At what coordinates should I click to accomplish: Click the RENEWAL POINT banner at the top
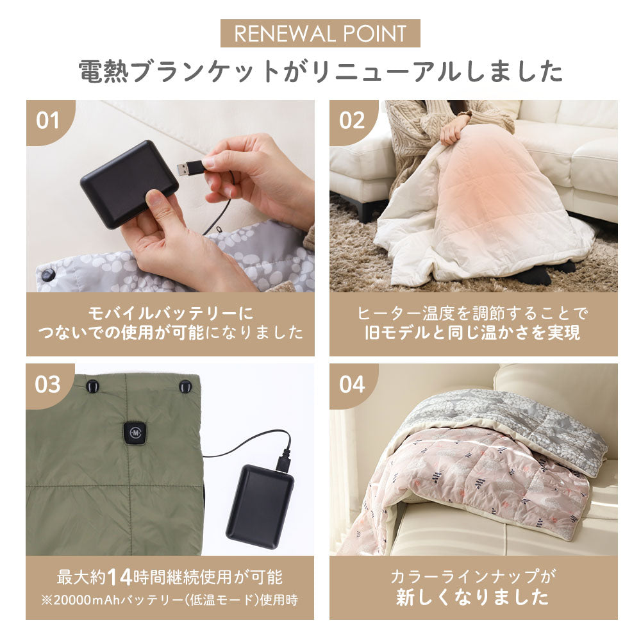320,33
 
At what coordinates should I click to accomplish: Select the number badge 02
351,121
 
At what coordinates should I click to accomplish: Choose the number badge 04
351,385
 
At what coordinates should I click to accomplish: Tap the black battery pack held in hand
129,183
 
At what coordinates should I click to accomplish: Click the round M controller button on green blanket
136,431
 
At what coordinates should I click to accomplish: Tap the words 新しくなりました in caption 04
473,597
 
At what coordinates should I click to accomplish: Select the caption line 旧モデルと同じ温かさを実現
473,333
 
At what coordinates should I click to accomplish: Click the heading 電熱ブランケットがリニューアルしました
320,72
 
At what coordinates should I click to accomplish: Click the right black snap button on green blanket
185,387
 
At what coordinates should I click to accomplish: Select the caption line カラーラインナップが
473,576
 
